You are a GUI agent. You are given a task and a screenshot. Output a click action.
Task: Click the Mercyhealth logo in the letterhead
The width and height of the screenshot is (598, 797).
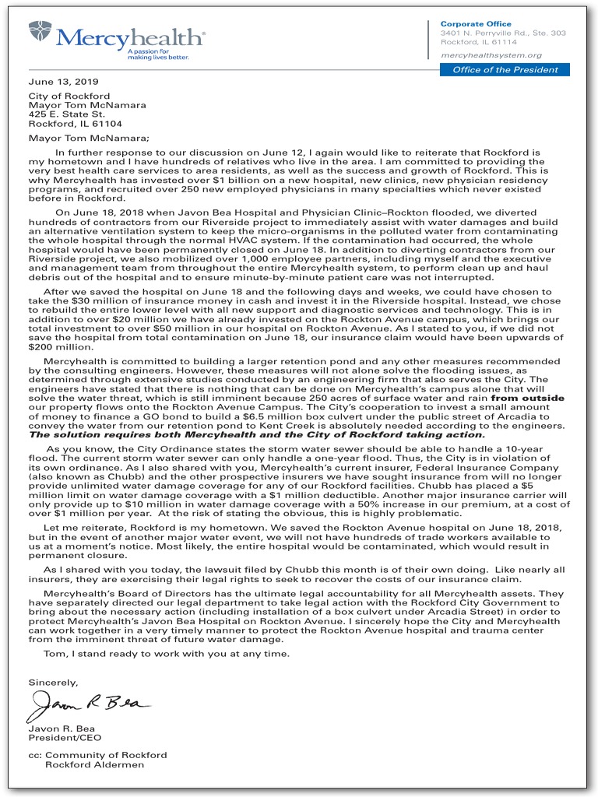click(117, 36)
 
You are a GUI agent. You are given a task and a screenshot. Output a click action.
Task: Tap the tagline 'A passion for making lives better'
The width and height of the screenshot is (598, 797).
click(158, 54)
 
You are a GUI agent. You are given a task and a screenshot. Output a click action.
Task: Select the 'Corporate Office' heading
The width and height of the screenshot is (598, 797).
click(476, 24)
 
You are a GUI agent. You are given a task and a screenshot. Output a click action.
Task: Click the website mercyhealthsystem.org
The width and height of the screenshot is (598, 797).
click(491, 55)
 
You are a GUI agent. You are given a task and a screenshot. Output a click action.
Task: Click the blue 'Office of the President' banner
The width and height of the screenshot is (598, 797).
click(505, 70)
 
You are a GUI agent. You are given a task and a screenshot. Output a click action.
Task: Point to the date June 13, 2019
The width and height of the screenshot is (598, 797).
click(64, 82)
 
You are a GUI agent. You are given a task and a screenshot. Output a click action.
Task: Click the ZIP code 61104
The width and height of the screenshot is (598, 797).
click(107, 123)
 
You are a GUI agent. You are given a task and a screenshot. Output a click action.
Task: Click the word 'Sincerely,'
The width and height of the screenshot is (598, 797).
click(54, 682)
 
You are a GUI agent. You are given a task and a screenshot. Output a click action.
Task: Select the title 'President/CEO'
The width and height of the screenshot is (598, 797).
click(65, 738)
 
